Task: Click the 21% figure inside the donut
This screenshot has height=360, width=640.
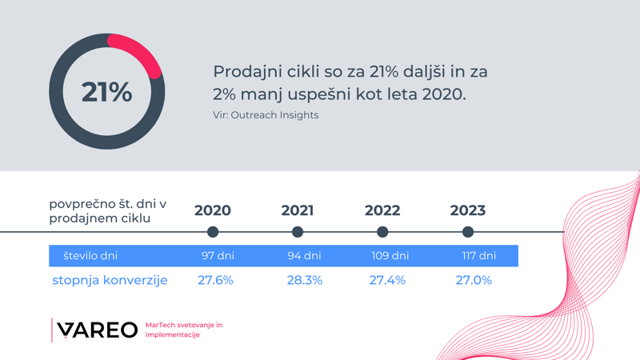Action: (106, 93)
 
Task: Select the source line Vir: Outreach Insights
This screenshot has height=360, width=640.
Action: (266, 115)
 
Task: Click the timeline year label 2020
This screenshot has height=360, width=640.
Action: (213, 211)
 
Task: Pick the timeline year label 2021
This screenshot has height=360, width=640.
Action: (298, 211)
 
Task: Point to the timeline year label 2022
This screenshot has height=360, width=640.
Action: (382, 211)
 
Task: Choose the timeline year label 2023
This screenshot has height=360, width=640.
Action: (468, 211)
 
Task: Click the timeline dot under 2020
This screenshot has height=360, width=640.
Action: (213, 232)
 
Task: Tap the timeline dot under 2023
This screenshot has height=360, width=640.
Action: (468, 232)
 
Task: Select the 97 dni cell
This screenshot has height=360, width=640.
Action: (218, 256)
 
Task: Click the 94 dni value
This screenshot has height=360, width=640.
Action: (304, 256)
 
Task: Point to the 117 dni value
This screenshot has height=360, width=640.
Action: (478, 256)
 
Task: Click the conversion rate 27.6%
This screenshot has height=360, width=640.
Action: (216, 280)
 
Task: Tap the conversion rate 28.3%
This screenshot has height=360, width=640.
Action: (304, 280)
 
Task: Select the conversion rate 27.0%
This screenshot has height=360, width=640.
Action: (474, 280)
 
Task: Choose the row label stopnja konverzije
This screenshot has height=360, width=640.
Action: (110, 280)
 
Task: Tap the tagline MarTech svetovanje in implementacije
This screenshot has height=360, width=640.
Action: (184, 330)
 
